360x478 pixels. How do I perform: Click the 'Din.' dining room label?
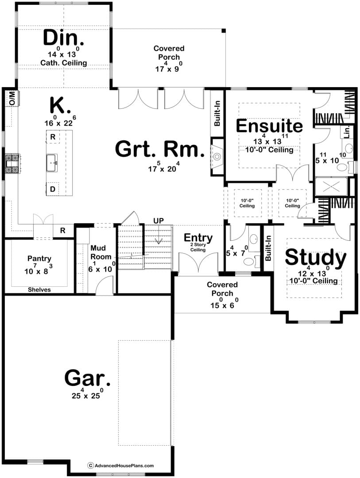tap(63, 38)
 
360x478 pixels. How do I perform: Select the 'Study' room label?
tap(315, 258)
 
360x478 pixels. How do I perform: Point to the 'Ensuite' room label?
tap(269, 126)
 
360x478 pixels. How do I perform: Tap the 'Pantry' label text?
tap(39, 259)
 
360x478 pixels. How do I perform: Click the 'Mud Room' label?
tap(101, 252)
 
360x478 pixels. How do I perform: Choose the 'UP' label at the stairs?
tap(159, 220)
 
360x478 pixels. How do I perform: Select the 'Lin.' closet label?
tap(347, 132)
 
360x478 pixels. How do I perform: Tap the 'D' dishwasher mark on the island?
tap(53, 189)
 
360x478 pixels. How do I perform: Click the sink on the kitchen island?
tap(52, 163)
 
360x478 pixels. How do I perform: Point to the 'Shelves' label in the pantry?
tap(39, 289)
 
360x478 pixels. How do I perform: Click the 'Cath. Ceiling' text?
tap(63, 63)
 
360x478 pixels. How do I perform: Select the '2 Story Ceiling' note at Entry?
tap(198, 247)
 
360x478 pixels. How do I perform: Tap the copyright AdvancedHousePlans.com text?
tap(121, 466)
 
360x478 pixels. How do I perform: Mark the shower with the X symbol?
tap(331, 186)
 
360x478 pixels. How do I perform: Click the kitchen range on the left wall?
tap(12, 163)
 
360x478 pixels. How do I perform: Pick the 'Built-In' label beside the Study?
tap(268, 248)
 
